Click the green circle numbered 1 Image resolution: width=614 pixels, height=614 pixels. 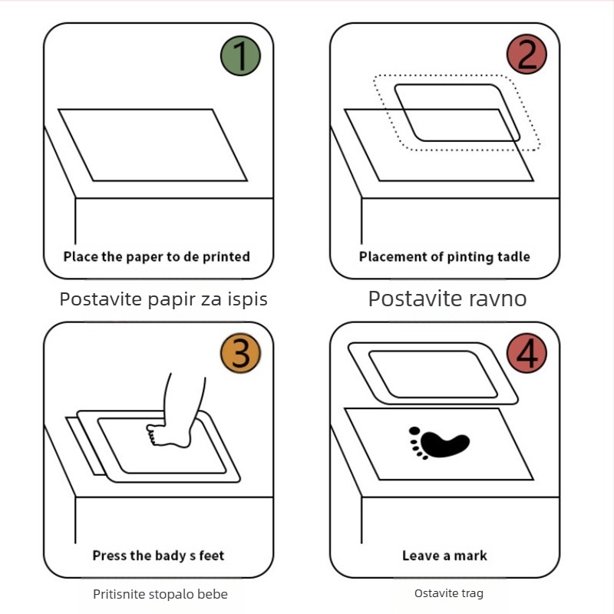(x=240, y=55)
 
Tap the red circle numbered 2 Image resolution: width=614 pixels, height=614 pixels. (x=527, y=54)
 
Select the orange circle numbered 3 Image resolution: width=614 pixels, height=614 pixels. (x=240, y=353)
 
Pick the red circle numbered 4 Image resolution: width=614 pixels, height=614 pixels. (x=527, y=353)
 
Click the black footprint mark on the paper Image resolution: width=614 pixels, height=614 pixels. (x=439, y=443)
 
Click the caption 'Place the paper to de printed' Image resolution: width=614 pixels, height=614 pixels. (x=157, y=257)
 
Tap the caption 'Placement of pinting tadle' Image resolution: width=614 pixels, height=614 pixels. (x=444, y=257)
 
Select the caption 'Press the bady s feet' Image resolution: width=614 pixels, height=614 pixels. (x=158, y=556)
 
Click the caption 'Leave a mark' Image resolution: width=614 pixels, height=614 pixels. (x=444, y=556)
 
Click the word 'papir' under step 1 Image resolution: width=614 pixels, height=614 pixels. (x=171, y=300)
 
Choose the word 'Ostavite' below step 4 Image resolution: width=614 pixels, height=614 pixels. (x=437, y=593)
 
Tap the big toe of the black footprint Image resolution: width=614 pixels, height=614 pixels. (x=414, y=431)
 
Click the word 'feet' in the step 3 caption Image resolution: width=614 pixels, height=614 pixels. (x=212, y=555)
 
